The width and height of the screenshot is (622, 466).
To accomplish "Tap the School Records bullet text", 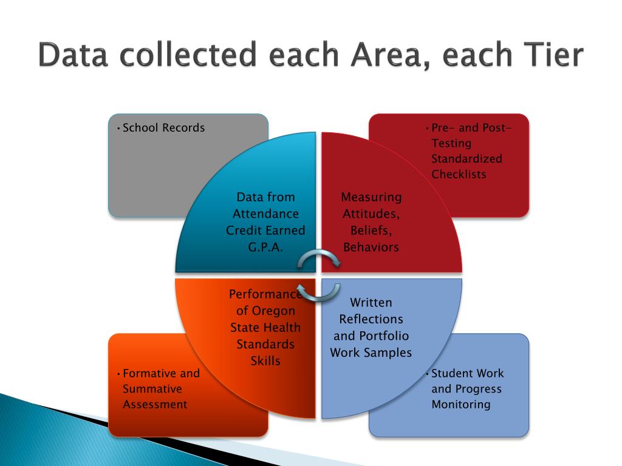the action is (x=163, y=128).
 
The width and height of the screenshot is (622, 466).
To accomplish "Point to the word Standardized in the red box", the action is (x=466, y=159).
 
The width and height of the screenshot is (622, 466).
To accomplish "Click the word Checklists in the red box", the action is (x=459, y=175).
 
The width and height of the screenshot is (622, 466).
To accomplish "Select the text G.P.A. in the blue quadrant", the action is (x=265, y=247).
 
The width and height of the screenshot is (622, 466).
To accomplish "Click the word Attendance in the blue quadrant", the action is (x=265, y=214).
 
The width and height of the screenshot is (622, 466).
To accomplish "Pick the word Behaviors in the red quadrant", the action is (x=371, y=247).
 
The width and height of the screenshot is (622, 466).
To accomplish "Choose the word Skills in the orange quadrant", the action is (x=265, y=361).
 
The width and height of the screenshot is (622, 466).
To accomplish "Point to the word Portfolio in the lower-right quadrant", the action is (x=384, y=336).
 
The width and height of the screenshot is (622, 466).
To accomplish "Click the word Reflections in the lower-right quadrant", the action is (x=371, y=319).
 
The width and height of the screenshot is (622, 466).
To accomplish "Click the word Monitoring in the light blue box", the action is (x=460, y=405).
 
